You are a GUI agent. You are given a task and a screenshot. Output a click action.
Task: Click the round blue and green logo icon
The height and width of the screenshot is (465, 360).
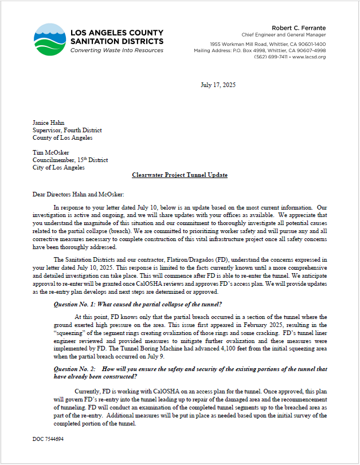[49, 39]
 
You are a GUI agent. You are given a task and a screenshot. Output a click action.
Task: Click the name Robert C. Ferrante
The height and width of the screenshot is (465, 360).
[298, 27]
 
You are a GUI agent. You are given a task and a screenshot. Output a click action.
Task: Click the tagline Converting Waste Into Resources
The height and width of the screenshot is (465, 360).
[116, 50]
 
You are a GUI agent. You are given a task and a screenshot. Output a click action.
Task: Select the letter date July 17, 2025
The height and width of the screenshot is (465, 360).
[218, 85]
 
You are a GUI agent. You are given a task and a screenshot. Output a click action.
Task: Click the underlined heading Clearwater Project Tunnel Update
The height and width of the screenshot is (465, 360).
[179, 175]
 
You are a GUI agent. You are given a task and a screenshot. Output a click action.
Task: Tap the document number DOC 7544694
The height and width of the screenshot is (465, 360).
[48, 439]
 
